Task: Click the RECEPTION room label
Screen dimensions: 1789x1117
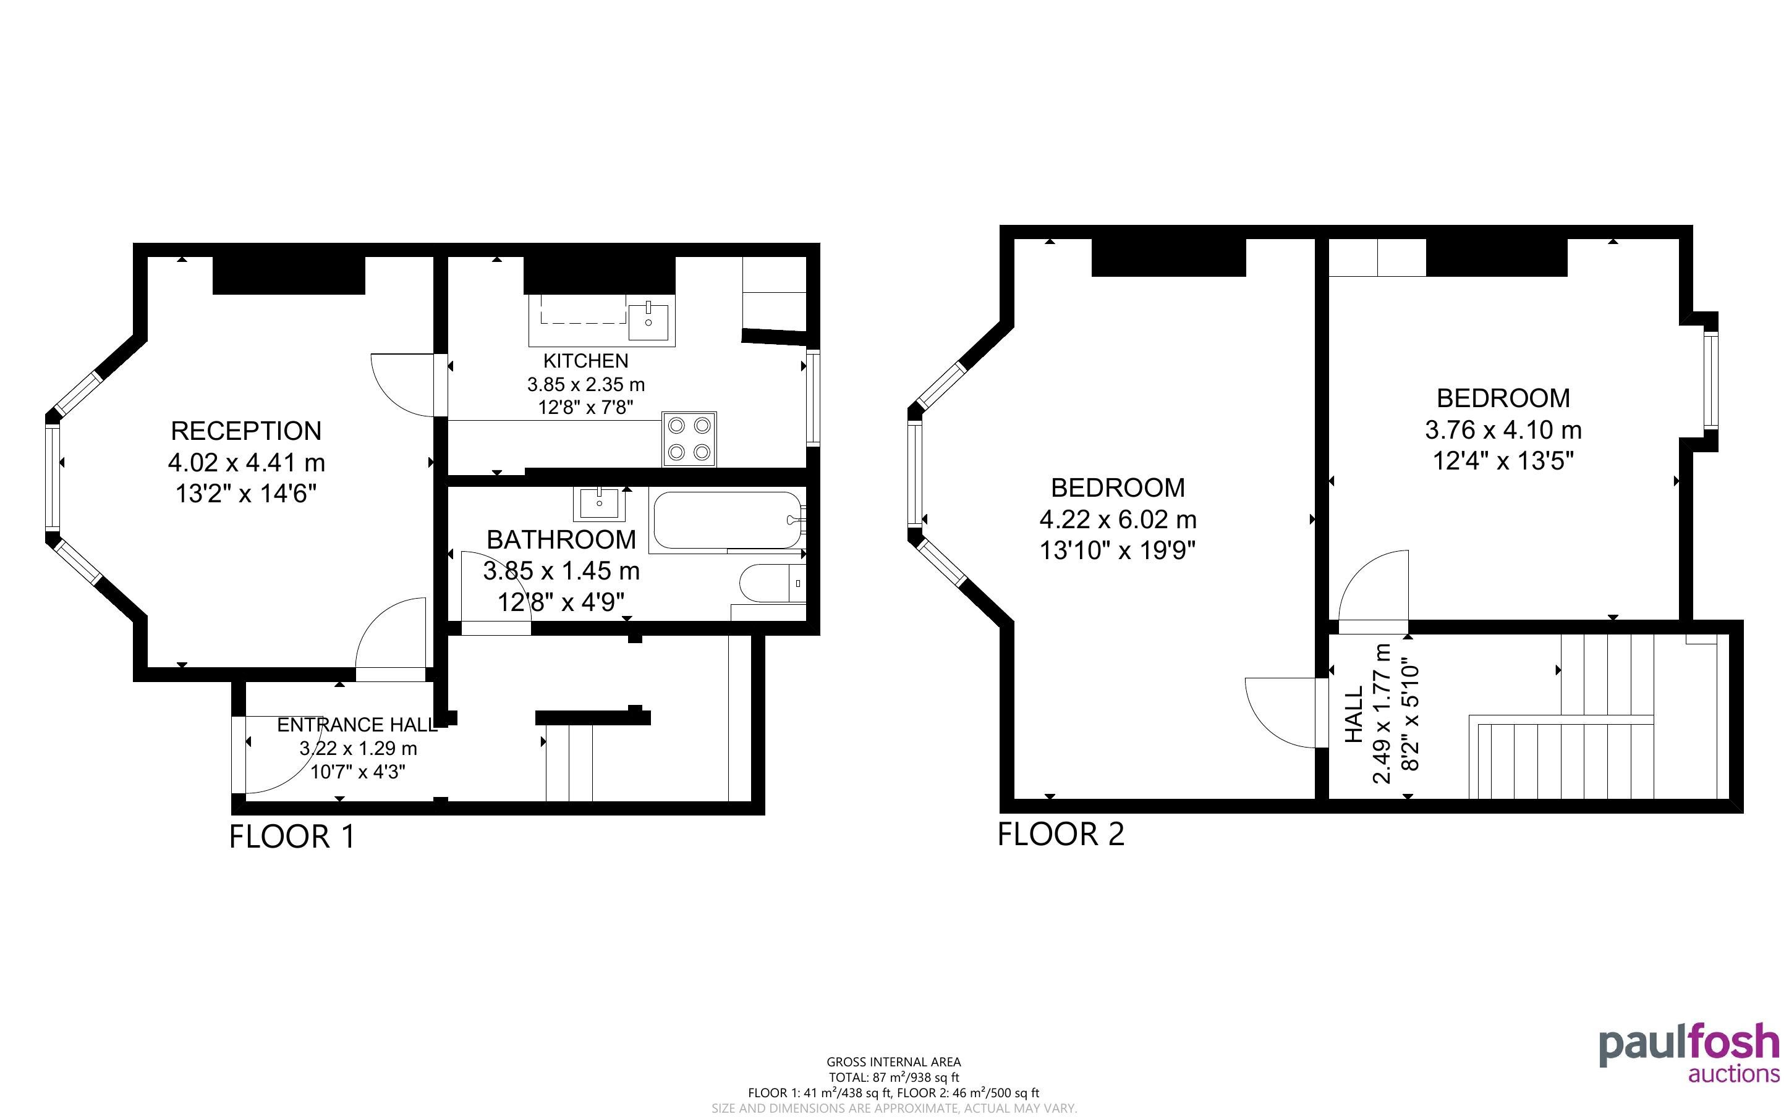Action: pyautogui.click(x=246, y=431)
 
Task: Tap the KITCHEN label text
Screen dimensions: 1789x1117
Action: pyautogui.click(x=586, y=361)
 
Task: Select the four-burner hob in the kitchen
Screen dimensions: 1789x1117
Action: pyautogui.click(x=689, y=439)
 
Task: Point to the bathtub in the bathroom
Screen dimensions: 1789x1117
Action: pyautogui.click(x=727, y=520)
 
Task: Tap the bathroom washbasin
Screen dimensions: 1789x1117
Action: pyautogui.click(x=599, y=504)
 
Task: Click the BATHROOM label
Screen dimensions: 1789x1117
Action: pyautogui.click(x=561, y=539)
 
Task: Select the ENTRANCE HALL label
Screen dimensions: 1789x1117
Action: pyautogui.click(x=357, y=725)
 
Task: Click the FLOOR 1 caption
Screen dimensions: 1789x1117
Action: pyautogui.click(x=292, y=837)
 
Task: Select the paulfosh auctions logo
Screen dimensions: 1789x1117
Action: pyautogui.click(x=1689, y=1052)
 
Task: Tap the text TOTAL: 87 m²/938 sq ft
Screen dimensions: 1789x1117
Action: pyautogui.click(x=893, y=1077)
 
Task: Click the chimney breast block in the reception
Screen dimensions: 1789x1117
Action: pyautogui.click(x=289, y=275)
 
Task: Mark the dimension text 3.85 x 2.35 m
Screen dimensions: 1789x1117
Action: pyautogui.click(x=586, y=384)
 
